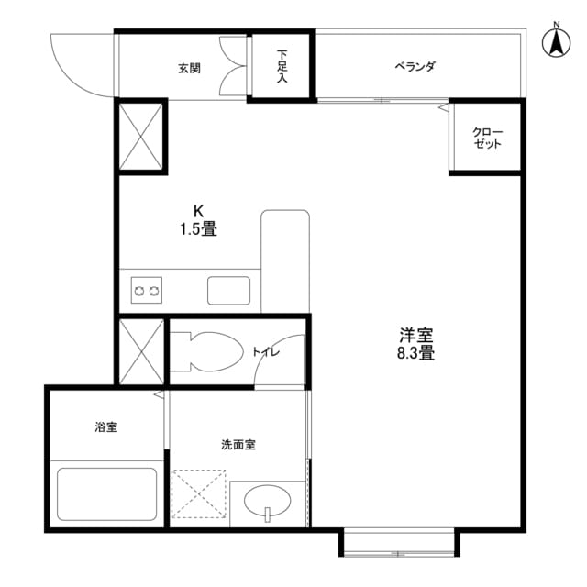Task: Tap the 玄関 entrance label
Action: tap(189, 68)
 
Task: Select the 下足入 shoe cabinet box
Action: tap(282, 66)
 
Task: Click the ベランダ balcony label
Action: tap(415, 67)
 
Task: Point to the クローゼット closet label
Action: tap(487, 138)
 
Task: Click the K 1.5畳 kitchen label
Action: tap(198, 221)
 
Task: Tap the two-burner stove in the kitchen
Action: tap(147, 292)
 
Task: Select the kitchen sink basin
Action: tap(229, 290)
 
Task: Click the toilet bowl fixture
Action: tap(206, 350)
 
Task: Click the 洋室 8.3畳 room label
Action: tap(415, 343)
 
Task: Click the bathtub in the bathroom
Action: tap(107, 494)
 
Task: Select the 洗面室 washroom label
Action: tap(238, 445)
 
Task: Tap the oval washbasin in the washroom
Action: tap(268, 501)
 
